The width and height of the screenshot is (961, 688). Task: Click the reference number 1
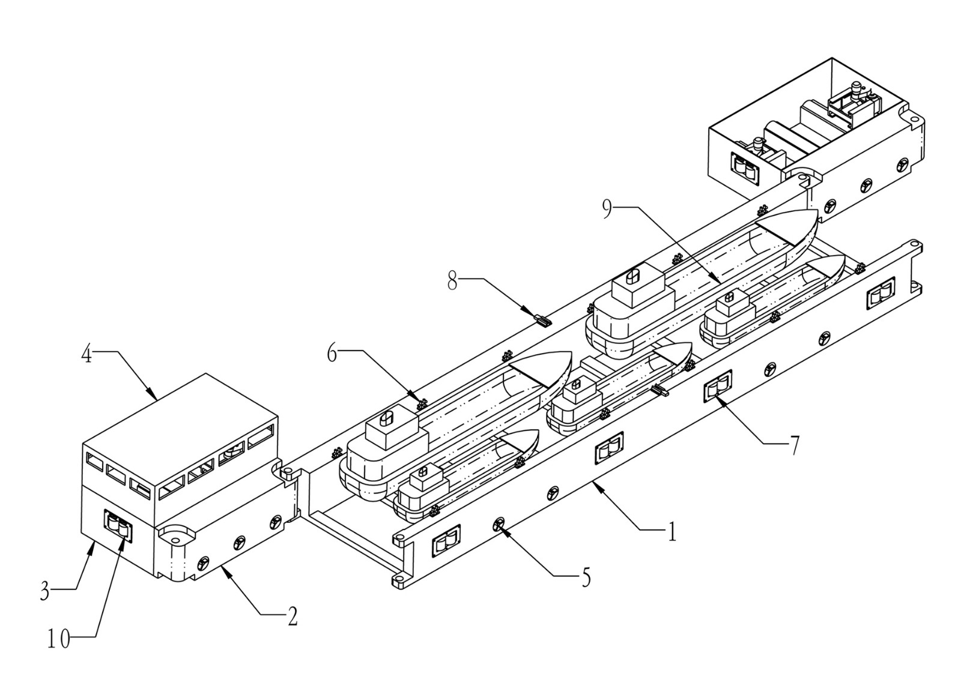tap(672, 531)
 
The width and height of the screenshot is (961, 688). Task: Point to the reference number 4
tap(86, 355)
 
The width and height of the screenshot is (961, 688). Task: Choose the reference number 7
tap(795, 445)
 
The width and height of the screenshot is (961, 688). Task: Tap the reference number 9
tap(607, 210)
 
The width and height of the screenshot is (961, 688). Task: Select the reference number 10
tap(58, 639)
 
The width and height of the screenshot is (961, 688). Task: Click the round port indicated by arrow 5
tap(499, 524)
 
